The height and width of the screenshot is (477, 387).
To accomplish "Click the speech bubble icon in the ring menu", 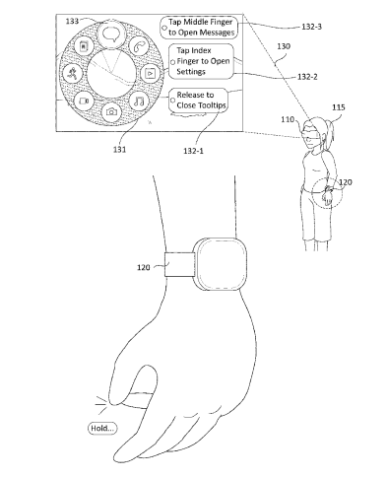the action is click(111, 34).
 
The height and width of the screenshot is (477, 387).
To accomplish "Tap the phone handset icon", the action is click(138, 46).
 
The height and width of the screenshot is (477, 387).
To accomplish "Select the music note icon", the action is click(139, 101).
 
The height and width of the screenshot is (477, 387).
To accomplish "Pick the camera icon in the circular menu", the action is click(111, 112).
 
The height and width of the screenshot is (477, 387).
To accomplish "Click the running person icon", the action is click(72, 73).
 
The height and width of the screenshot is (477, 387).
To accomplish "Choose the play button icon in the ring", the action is click(150, 73).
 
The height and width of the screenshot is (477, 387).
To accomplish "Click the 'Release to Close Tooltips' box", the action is click(198, 100).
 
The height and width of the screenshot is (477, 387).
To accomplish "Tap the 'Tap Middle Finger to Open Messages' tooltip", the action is click(199, 28).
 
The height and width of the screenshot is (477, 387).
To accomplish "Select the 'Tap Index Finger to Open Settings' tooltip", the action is click(201, 61).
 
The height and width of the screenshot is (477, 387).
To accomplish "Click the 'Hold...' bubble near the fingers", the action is click(102, 428).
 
